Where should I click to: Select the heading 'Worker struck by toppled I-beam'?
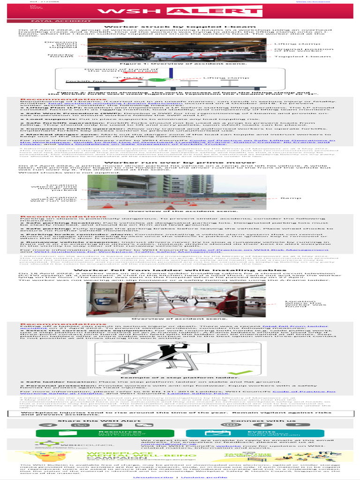click(x=180, y=27)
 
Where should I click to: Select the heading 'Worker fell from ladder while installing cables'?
click(x=180, y=270)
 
